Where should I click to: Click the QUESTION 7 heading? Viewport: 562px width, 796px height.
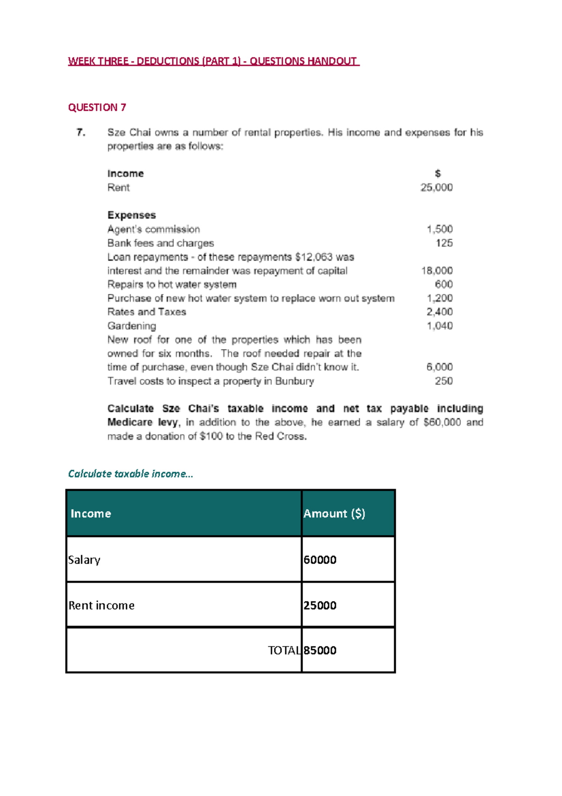pyautogui.click(x=97, y=107)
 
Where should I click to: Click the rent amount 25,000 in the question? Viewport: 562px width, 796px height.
pyautogui.click(x=436, y=188)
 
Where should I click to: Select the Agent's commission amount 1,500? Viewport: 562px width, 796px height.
pyautogui.click(x=439, y=229)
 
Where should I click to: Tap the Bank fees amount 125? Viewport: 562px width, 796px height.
pyautogui.click(x=444, y=243)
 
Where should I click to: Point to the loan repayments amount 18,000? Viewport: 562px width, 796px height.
pyautogui.click(x=436, y=270)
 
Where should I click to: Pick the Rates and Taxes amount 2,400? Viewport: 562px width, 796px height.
pyautogui.click(x=439, y=312)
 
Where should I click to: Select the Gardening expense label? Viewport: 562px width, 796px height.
pyautogui.click(x=132, y=326)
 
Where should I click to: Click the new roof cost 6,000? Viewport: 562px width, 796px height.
pyautogui.click(x=439, y=367)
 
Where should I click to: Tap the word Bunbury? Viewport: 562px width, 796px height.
pyautogui.click(x=294, y=381)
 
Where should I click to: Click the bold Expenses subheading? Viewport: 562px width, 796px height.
pyautogui.click(x=132, y=215)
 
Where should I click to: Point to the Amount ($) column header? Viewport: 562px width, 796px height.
pyautogui.click(x=334, y=514)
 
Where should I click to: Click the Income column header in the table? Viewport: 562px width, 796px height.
pyautogui.click(x=91, y=514)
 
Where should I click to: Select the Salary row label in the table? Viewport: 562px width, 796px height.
pyautogui.click(x=84, y=560)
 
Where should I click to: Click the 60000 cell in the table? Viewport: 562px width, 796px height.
pyautogui.click(x=320, y=560)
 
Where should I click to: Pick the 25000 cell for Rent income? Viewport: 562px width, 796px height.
pyautogui.click(x=320, y=605)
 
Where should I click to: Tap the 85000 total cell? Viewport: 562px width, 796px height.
pyautogui.click(x=320, y=650)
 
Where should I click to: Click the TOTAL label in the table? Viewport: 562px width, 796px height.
pyautogui.click(x=284, y=650)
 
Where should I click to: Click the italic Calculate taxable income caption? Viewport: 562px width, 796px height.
pyautogui.click(x=130, y=474)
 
